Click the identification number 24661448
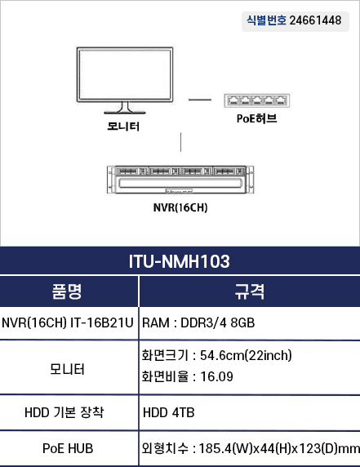pos(315,20)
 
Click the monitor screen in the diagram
pos(125,74)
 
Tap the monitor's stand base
pos(125,113)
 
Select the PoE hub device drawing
pos(257,100)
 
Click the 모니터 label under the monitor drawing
pos(123,127)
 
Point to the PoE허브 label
pos(256,118)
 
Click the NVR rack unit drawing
pos(180,180)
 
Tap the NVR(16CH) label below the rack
pos(180,207)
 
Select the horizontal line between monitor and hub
pos(200,100)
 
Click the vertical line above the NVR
pos(180,142)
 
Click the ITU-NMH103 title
pos(180,261)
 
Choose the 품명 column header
pos(67,291)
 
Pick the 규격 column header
pos(250,291)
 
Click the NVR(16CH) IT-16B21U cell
pos(68,322)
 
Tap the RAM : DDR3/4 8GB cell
pos(198,322)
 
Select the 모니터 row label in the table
pos(67,369)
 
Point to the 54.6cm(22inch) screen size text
pos(246,355)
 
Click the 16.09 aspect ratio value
pos(217,376)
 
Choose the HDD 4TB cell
pos(168,413)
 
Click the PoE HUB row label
pos(68,448)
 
